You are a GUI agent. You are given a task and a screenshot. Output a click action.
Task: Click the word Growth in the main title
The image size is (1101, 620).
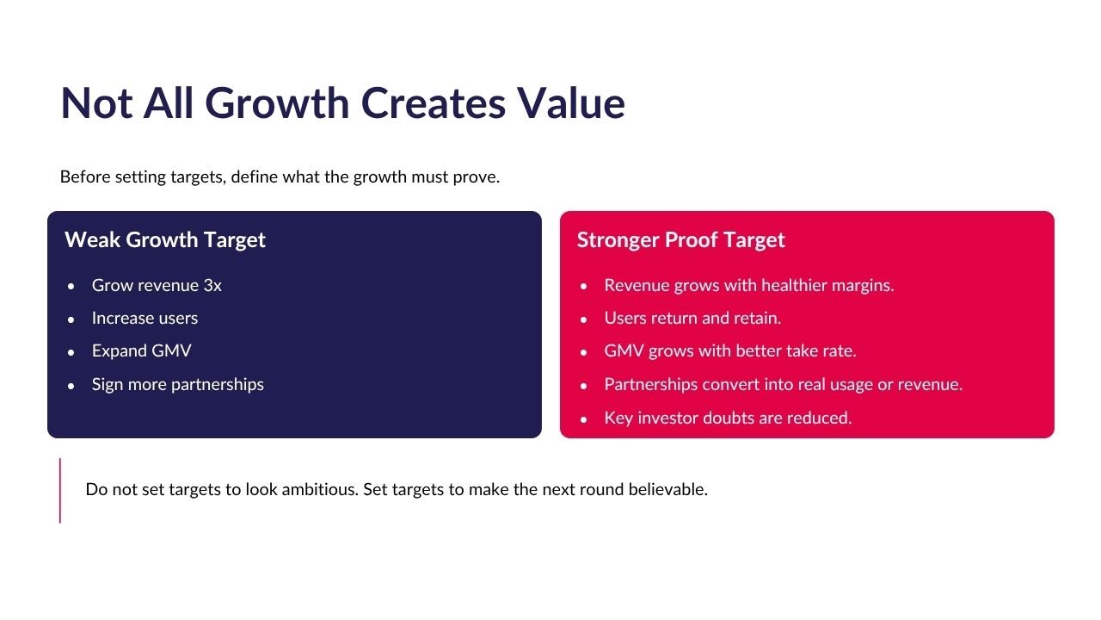pyautogui.click(x=277, y=102)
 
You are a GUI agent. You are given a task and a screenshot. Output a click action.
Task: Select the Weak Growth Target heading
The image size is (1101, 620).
pyautogui.click(x=165, y=240)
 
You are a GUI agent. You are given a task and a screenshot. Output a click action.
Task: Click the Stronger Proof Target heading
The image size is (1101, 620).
pyautogui.click(x=680, y=240)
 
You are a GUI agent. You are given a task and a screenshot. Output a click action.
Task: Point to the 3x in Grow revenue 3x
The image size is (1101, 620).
pyautogui.click(x=212, y=285)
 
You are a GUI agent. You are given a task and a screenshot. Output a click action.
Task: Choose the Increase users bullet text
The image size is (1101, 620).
pyautogui.click(x=145, y=319)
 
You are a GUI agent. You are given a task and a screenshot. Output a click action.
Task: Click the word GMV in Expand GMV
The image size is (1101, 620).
pyautogui.click(x=171, y=350)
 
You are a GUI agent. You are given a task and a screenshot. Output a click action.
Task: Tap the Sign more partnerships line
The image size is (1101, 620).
pyautogui.click(x=178, y=384)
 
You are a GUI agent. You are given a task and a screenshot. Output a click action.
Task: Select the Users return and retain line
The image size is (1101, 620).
pyautogui.click(x=692, y=319)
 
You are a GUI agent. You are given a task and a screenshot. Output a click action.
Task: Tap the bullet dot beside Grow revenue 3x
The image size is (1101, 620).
pyautogui.click(x=71, y=287)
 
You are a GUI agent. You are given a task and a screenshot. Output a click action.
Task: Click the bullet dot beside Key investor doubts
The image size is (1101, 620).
pyautogui.click(x=583, y=419)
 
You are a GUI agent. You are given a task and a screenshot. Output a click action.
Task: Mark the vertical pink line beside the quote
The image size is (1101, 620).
pyautogui.click(x=60, y=491)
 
